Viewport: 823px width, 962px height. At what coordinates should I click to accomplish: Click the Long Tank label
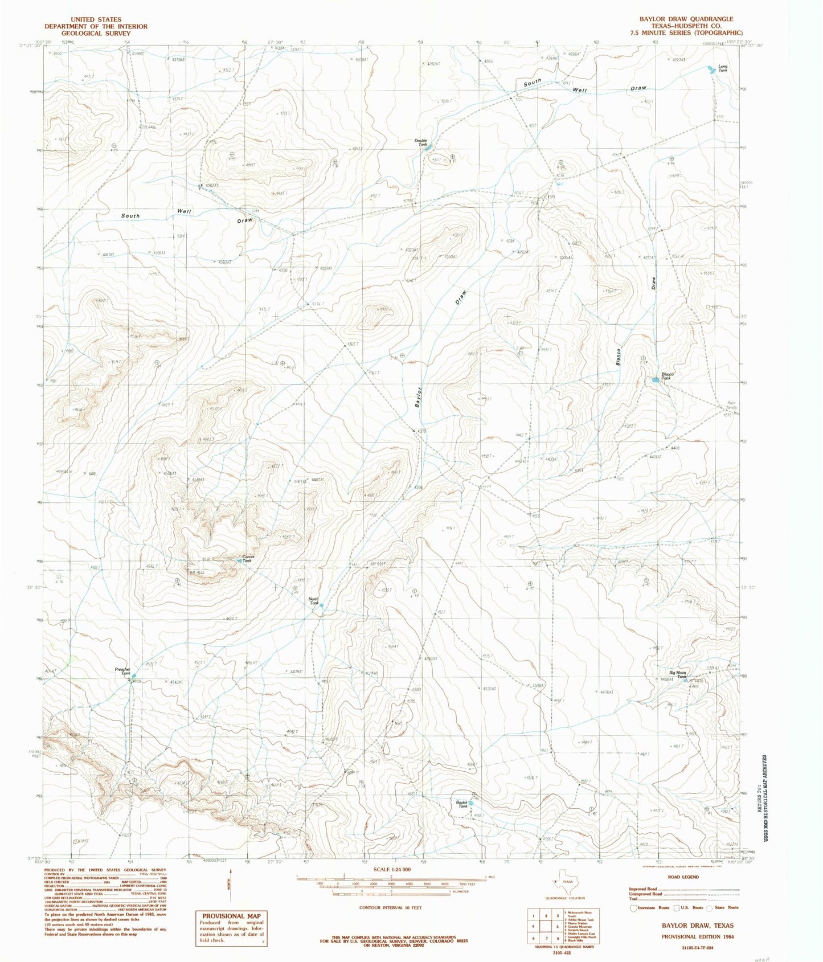click(x=723, y=68)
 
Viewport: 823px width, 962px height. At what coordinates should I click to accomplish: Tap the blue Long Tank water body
click(x=711, y=69)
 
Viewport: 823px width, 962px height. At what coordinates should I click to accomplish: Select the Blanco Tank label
click(x=666, y=376)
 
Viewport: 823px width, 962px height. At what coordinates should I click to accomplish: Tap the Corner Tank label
click(x=248, y=558)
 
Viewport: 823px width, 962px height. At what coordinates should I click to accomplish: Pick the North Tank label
click(x=314, y=600)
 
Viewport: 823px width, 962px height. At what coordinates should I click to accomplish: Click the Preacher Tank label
click(x=122, y=671)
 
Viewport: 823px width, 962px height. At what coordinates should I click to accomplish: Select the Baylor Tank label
click(x=461, y=804)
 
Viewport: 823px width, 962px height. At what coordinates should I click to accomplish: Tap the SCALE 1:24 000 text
click(x=391, y=869)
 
